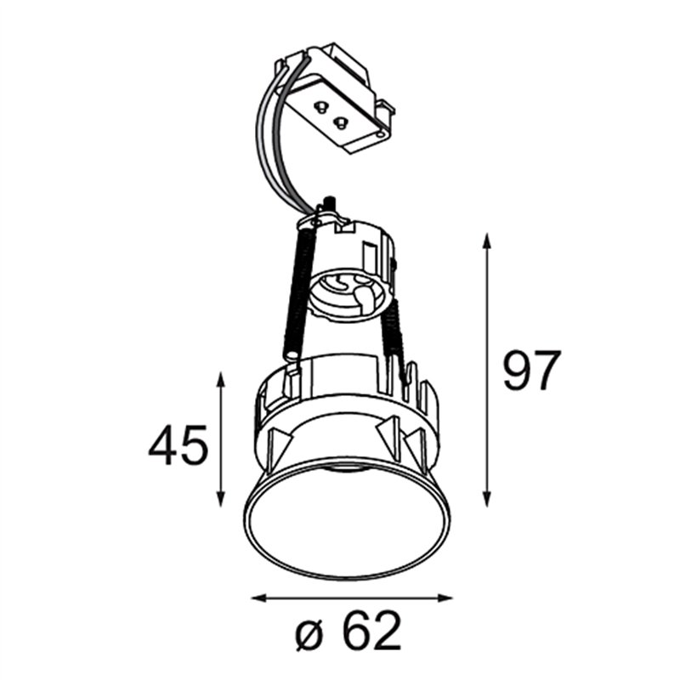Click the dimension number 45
178,445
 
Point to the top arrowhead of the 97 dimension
487,241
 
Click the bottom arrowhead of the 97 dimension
487,499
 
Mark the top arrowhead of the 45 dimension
221,380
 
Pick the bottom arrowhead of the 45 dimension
221,499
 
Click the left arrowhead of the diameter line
259,598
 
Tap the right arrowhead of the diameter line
445,598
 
